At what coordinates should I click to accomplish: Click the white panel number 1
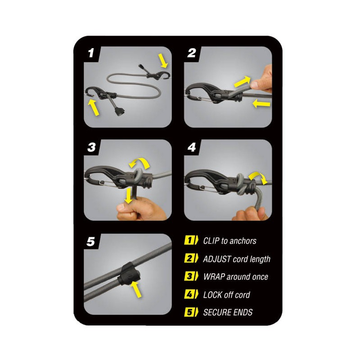pyautogui.click(x=91, y=53)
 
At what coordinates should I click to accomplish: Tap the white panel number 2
pyautogui.click(x=192, y=53)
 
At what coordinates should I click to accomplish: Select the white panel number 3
pyautogui.click(x=92, y=148)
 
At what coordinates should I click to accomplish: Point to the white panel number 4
pyautogui.click(x=192, y=148)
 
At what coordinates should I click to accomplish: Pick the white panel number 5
pyautogui.click(x=91, y=242)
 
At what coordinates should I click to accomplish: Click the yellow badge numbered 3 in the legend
pyautogui.click(x=191, y=276)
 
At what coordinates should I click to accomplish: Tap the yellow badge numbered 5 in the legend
pyautogui.click(x=191, y=312)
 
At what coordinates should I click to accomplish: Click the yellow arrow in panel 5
pyautogui.click(x=136, y=289)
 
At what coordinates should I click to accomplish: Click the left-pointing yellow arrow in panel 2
pyautogui.click(x=261, y=104)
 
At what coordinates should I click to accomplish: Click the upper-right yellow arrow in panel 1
pyautogui.click(x=163, y=61)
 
